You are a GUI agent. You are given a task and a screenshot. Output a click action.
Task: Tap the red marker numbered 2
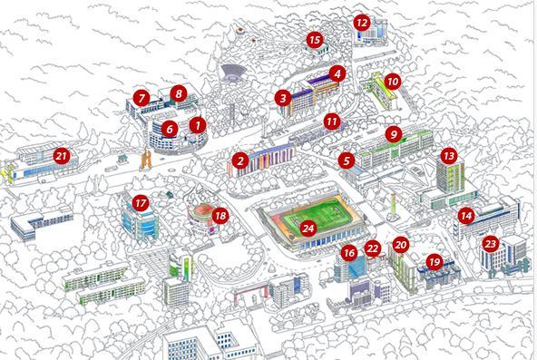[x=240, y=161]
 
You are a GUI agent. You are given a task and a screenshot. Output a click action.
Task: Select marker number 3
[x=283, y=97]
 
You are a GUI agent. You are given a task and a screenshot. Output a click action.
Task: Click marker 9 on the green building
[x=393, y=134]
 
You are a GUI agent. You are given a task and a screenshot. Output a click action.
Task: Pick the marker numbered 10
[x=392, y=81]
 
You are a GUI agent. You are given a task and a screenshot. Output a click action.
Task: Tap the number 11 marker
[x=332, y=120]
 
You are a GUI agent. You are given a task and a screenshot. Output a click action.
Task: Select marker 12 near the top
[x=362, y=22]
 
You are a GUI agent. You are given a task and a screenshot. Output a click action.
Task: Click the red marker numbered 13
[x=448, y=156]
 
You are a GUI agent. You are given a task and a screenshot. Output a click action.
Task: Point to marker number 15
[x=315, y=39]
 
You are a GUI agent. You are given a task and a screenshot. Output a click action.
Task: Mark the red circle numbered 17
[x=140, y=202]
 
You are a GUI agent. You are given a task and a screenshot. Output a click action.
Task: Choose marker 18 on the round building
[x=220, y=215]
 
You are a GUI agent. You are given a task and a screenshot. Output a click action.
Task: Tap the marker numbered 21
[x=62, y=155]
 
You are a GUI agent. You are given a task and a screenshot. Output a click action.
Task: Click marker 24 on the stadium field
[x=308, y=229]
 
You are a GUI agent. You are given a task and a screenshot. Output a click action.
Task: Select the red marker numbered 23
[x=491, y=243]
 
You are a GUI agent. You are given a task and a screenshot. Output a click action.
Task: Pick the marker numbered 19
[x=434, y=262]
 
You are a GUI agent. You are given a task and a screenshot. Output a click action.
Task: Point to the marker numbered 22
[x=372, y=248]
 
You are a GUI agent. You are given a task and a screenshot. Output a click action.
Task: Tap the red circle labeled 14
[x=466, y=216]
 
